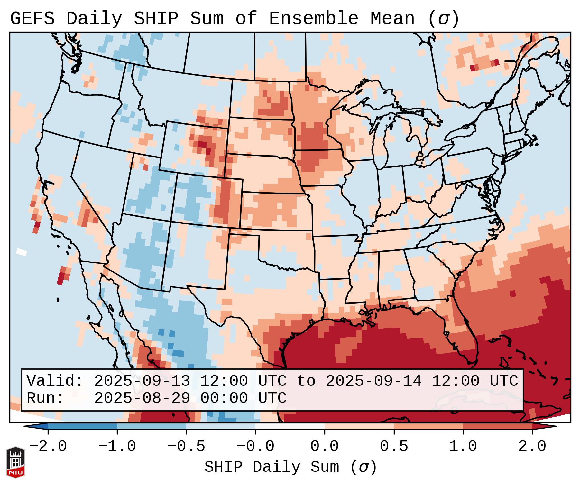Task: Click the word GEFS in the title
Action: click(x=32, y=19)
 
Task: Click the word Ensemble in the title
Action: click(x=314, y=19)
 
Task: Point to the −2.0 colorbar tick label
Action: click(x=48, y=446)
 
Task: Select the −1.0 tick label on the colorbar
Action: click(x=117, y=446)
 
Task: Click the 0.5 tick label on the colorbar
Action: click(x=394, y=446)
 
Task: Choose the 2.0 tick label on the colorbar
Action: click(x=532, y=446)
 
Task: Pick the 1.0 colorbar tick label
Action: click(x=463, y=446)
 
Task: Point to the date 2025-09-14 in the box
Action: click(x=373, y=381)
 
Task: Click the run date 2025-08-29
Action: click(x=142, y=398)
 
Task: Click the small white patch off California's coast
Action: click(x=22, y=252)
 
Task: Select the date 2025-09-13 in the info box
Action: click(x=142, y=381)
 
